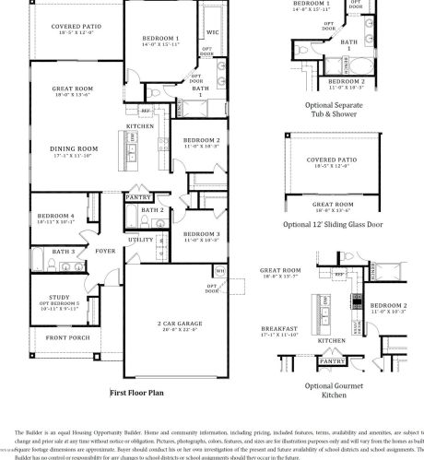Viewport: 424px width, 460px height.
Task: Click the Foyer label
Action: [106, 250]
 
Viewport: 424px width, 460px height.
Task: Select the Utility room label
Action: [141, 240]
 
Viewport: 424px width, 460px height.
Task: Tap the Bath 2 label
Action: [153, 210]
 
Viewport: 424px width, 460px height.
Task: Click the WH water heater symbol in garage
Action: [219, 271]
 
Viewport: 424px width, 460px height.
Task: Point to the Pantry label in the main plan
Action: [138, 196]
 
